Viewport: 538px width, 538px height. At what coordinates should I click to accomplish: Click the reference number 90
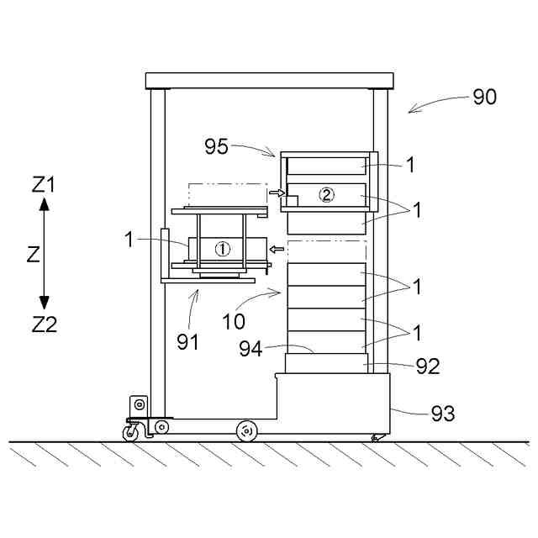point(484,97)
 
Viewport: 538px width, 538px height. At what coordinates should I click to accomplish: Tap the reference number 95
point(216,146)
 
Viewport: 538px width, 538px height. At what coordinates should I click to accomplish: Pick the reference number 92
point(428,367)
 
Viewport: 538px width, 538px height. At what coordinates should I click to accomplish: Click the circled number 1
point(222,249)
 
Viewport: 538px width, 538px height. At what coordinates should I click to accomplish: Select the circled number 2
point(327,194)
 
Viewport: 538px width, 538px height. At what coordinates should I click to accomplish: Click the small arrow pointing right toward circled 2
point(275,193)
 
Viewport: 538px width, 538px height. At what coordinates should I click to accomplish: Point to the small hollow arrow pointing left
point(274,249)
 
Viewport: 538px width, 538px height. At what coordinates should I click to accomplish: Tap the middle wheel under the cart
point(245,430)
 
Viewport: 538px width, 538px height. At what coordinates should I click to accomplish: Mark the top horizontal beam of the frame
point(269,80)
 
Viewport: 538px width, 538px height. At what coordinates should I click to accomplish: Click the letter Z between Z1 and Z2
point(34,256)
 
